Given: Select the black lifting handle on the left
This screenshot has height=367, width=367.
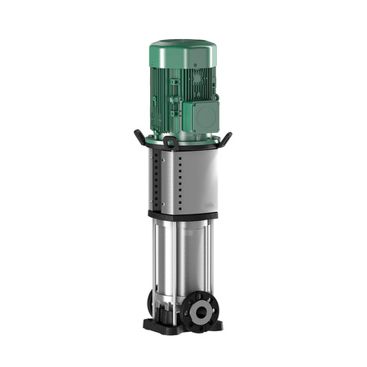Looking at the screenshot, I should [x=137, y=135].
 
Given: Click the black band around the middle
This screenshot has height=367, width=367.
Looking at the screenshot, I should [x=181, y=215].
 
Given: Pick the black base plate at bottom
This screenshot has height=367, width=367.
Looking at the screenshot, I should [x=181, y=328].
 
